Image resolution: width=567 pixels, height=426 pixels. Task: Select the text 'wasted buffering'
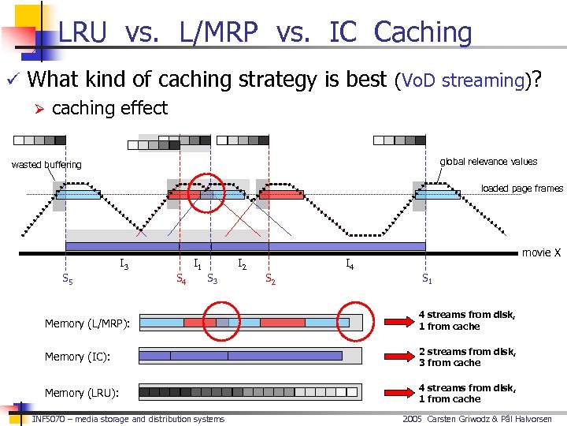click(x=46, y=165)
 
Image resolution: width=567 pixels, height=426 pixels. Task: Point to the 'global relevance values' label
click(x=488, y=162)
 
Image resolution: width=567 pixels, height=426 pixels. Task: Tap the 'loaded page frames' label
click(x=522, y=189)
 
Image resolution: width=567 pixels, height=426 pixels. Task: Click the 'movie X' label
click(x=541, y=252)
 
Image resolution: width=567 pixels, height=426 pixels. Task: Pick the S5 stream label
click(x=69, y=278)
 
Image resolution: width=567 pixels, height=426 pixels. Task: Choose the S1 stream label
click(x=426, y=278)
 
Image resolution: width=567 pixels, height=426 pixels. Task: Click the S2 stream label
click(x=269, y=278)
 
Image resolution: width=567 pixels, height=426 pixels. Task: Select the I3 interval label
click(x=124, y=264)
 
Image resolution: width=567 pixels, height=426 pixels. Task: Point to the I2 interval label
click(x=243, y=265)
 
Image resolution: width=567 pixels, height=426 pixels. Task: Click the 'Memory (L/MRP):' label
click(x=87, y=323)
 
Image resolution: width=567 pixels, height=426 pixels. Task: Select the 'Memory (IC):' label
click(x=76, y=357)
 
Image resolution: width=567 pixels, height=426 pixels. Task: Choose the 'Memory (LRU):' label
click(x=80, y=393)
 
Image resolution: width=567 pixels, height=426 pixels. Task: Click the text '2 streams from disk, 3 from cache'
click(x=467, y=357)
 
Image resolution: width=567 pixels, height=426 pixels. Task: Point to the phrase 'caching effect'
click(x=109, y=108)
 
